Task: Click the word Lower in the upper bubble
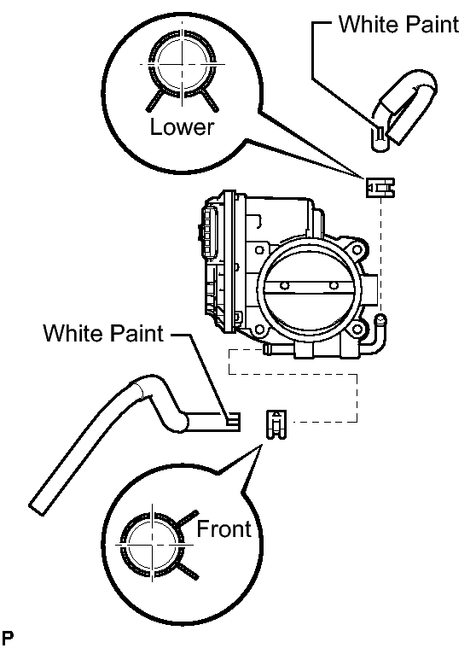[x=182, y=127]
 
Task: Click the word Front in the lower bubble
[x=224, y=529]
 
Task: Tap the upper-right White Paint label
[x=399, y=24]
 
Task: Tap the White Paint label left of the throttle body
[x=103, y=333]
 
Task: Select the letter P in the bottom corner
[x=7, y=637]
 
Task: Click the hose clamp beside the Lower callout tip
[x=380, y=188]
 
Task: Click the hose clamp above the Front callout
[x=276, y=424]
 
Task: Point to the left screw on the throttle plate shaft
[x=283, y=285]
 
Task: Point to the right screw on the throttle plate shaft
[x=334, y=285]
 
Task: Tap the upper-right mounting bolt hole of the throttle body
[x=356, y=249]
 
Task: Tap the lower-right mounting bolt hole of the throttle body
[x=357, y=330]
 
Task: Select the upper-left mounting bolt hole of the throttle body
[x=259, y=250]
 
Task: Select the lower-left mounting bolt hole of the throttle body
[x=259, y=330]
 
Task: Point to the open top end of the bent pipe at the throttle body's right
[x=380, y=319]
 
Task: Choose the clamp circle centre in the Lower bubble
[x=182, y=65]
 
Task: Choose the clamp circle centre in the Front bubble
[x=153, y=545]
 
